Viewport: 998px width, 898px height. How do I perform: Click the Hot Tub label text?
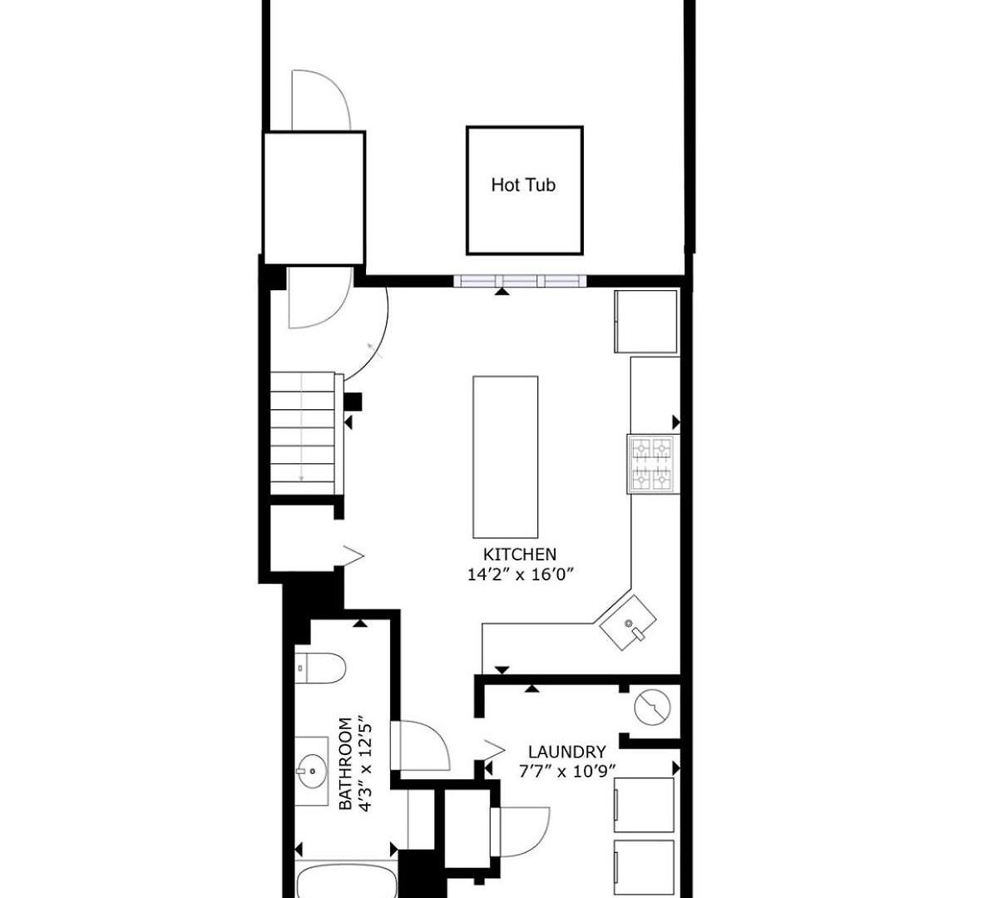click(x=523, y=185)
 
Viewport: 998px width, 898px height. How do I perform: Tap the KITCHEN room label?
click(x=520, y=555)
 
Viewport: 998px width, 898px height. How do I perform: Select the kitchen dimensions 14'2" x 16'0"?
click(x=521, y=575)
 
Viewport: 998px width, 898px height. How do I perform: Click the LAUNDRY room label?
click(x=567, y=751)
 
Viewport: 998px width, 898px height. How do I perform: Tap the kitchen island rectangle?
click(x=505, y=456)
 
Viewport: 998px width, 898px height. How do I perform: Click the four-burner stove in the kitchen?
click(x=653, y=464)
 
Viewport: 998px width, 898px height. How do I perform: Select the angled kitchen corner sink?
click(x=627, y=623)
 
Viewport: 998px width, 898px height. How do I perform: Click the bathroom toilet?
click(x=320, y=669)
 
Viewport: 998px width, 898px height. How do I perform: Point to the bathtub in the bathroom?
click(x=347, y=881)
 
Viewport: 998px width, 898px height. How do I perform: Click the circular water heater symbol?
click(x=652, y=707)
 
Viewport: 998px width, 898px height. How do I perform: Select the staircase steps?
click(x=303, y=433)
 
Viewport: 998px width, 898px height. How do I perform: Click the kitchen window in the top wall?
click(x=520, y=280)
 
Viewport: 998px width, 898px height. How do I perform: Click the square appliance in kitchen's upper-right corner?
click(x=645, y=322)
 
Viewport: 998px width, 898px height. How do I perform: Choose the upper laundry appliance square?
click(x=644, y=805)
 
